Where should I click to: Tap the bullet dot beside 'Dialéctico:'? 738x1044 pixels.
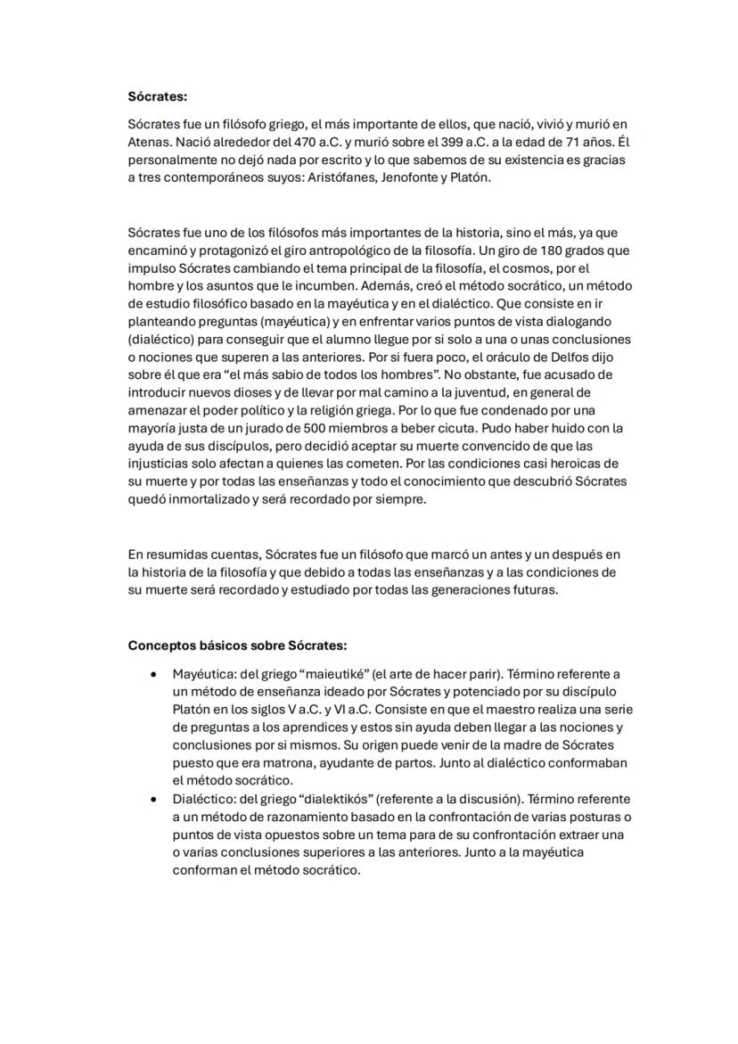(155, 799)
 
